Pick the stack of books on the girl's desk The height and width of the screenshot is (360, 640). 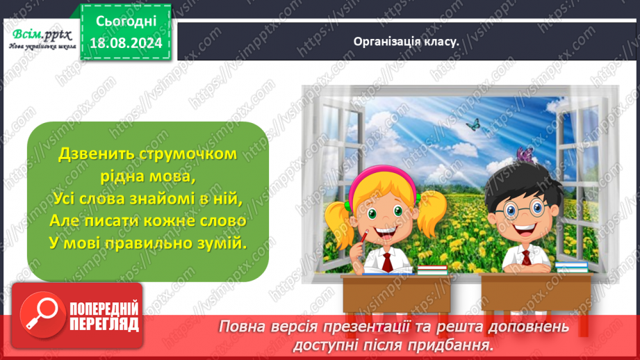[x=432, y=269]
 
